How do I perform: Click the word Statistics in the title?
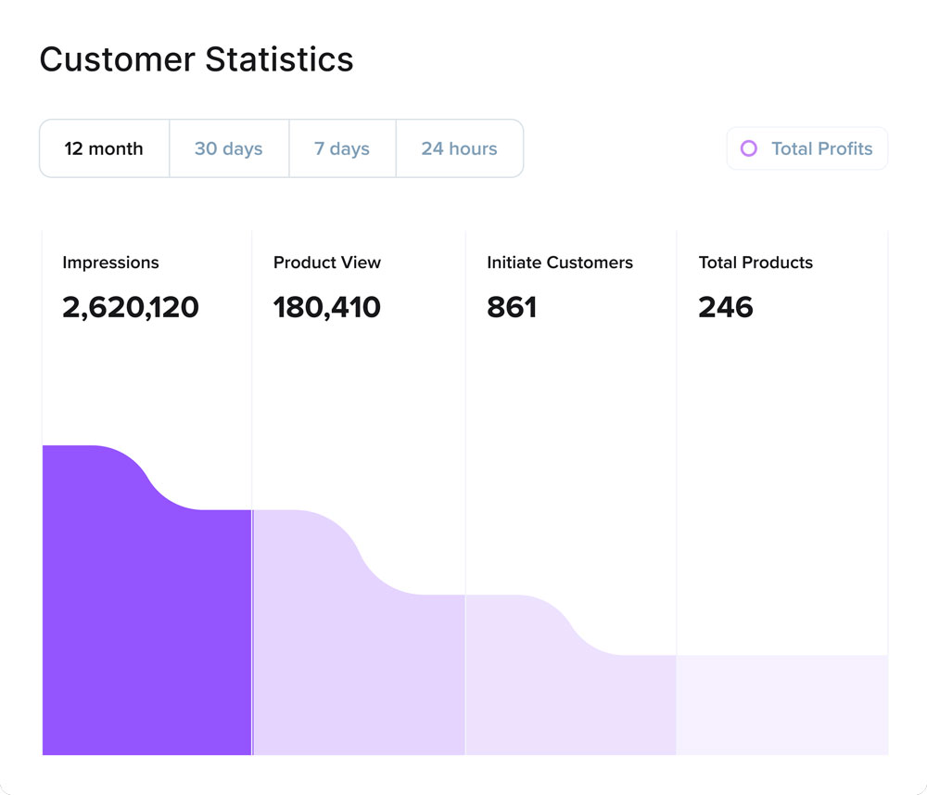(x=279, y=60)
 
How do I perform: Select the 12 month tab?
(x=104, y=148)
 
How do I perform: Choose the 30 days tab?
(x=228, y=148)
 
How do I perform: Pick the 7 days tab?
(x=341, y=148)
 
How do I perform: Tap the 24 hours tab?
(x=459, y=148)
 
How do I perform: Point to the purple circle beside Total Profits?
(x=749, y=148)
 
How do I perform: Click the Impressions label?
(x=110, y=263)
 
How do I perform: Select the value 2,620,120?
(x=131, y=307)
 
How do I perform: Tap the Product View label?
(x=326, y=263)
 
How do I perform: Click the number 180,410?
(x=326, y=307)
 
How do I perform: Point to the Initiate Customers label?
(x=559, y=263)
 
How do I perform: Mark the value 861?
(x=512, y=307)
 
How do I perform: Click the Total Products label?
(x=756, y=263)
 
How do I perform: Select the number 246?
(x=726, y=307)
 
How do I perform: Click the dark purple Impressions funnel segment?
(x=146, y=631)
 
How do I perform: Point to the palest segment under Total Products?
(x=781, y=705)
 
